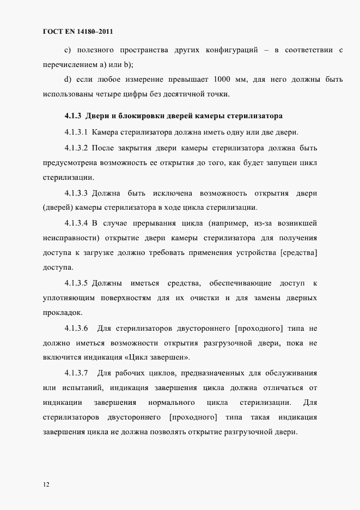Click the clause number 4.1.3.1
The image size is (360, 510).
(76, 132)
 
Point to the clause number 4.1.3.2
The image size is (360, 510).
(76, 148)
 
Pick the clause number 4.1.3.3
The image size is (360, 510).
(76, 193)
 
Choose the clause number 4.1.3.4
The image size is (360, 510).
(76, 223)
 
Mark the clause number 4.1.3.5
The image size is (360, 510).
(76, 283)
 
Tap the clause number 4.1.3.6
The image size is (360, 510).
(76, 328)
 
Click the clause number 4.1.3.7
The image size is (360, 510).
(76, 373)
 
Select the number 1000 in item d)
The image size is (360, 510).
(225, 80)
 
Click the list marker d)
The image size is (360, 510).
(68, 80)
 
